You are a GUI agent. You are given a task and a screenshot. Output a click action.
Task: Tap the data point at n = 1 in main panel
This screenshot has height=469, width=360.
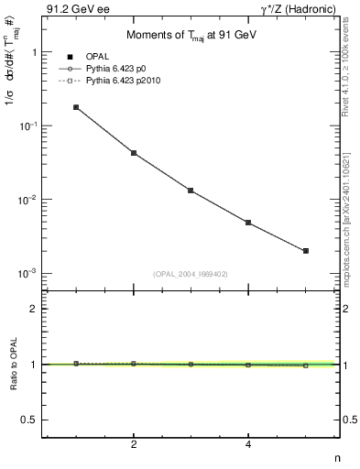coord(76,107)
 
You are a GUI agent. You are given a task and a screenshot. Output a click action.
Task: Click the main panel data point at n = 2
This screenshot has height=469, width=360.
coord(134,153)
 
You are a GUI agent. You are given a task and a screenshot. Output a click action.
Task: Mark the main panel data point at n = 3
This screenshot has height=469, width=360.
coord(191,191)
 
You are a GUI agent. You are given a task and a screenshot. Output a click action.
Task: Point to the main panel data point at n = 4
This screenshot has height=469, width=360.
coord(248,223)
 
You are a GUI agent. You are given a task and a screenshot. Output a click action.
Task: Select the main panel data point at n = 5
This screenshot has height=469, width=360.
coord(306,250)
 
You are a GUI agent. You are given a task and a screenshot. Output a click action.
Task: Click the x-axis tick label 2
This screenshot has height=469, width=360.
coord(134,444)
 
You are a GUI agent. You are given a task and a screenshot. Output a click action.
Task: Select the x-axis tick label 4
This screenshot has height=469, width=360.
coord(248,444)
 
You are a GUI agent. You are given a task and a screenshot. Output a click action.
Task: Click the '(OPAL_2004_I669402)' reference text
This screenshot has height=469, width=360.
coord(190,272)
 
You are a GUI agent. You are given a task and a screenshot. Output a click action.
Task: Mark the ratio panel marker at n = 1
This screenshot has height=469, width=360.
coord(76,364)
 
